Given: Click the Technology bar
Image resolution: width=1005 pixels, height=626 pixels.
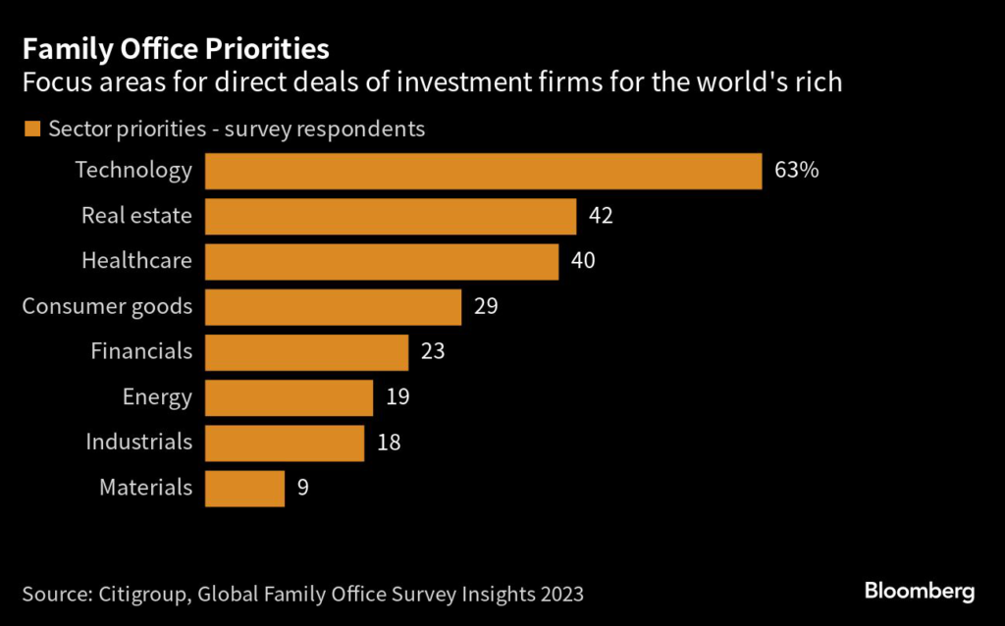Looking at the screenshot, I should [483, 171].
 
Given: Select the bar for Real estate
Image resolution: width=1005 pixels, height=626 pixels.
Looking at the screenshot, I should [391, 216].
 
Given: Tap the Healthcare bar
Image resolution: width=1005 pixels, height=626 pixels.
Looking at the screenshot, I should [382, 261].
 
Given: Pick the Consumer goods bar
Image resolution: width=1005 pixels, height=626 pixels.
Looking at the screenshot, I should [334, 306].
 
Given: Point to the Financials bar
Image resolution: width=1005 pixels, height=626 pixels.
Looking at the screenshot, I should [306, 351].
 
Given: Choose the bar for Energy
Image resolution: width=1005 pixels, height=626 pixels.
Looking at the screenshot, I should [290, 397].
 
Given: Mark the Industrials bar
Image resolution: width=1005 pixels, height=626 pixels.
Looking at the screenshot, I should [285, 443].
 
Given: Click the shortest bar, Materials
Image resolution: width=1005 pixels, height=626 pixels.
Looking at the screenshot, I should [244, 488].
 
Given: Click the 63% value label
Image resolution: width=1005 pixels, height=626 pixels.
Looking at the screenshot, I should [796, 171].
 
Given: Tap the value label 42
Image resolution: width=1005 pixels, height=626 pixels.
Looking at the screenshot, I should [601, 216].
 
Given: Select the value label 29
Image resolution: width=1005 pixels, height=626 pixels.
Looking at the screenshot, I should [486, 306].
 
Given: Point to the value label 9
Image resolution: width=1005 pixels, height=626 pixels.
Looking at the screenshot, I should [303, 488].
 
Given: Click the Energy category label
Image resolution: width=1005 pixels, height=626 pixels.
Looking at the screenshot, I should [157, 397].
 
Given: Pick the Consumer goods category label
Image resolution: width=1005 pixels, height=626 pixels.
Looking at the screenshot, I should [107, 306].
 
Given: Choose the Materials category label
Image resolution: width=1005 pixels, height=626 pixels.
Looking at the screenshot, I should [145, 488].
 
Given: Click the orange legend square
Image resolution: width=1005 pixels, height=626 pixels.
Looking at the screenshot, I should [31, 129].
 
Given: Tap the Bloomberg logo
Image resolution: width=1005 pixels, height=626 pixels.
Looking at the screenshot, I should [919, 591].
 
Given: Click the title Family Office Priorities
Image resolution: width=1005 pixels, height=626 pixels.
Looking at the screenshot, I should [175, 48].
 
